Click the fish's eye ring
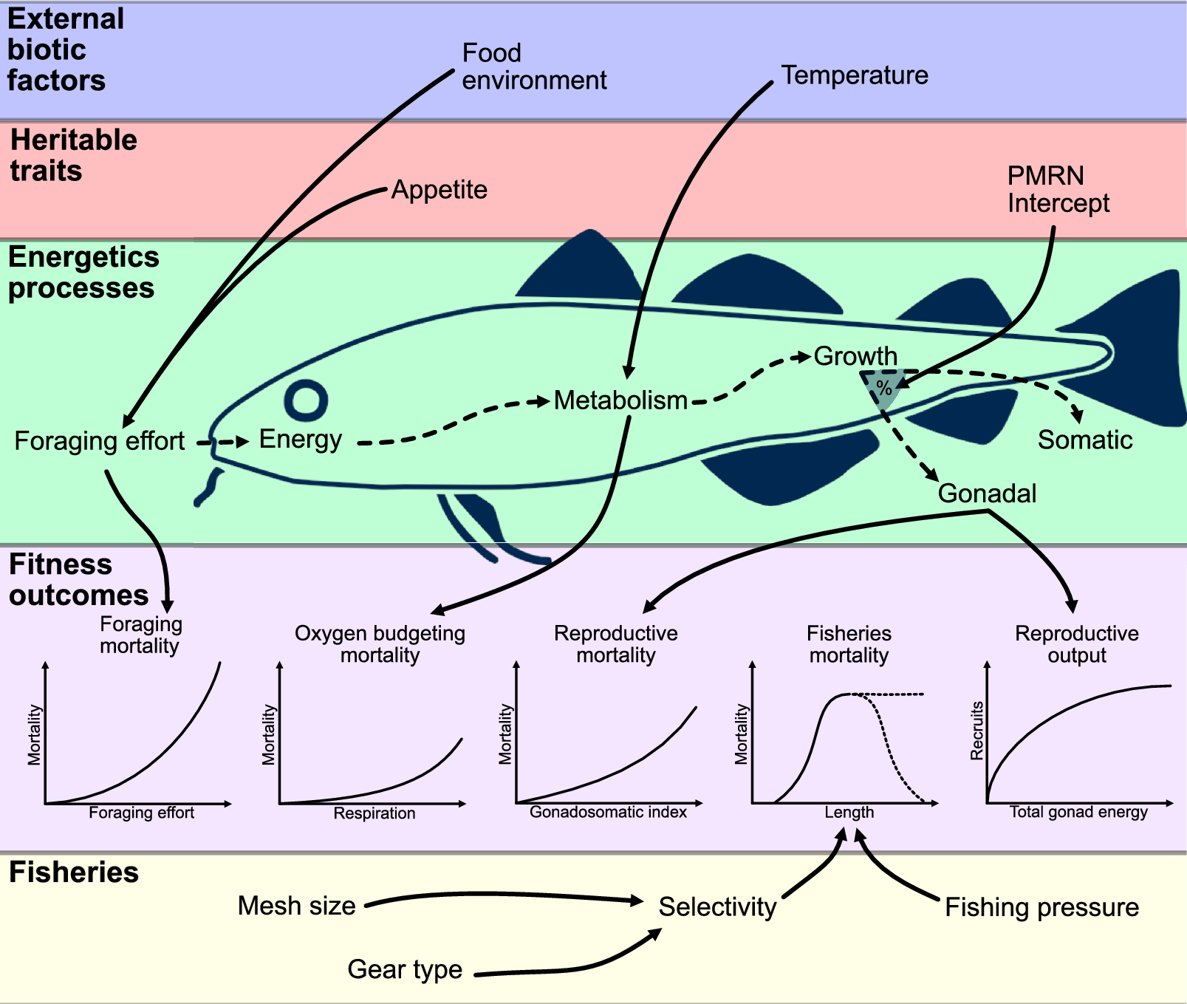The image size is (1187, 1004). coord(306,400)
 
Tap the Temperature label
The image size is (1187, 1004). coord(855,75)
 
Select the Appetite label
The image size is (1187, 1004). coord(439,190)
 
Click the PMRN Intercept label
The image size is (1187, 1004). coord(1057,189)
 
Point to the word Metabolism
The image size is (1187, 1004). coord(620,400)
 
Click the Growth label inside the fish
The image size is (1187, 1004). coord(855,356)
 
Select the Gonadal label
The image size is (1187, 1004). coord(987,493)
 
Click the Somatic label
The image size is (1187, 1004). coord(1084,440)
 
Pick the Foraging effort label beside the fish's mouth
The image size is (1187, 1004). coord(100,441)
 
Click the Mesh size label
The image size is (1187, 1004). coord(297,906)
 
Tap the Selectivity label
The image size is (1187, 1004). coord(717,906)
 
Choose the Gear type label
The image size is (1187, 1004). coord(405,969)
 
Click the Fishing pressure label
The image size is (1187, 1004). coord(1041,907)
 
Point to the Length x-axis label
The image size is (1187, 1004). coord(849,813)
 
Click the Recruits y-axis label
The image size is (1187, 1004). coord(976,731)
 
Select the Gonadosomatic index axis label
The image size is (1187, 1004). coord(608,813)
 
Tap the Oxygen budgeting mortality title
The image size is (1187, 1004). coord(380,644)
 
